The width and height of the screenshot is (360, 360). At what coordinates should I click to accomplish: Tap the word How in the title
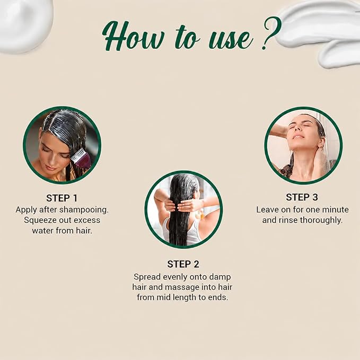pos(133,36)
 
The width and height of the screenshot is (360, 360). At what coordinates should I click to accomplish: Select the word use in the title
pos(231,39)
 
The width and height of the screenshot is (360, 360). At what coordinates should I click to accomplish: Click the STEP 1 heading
pos(62,198)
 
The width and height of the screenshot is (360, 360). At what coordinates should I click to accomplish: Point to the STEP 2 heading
pos(183,264)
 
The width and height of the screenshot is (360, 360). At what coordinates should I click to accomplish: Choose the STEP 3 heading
pos(302,197)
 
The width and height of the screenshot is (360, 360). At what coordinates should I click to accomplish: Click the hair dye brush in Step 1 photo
pos(81,158)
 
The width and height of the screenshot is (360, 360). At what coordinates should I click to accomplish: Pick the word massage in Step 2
pos(182,287)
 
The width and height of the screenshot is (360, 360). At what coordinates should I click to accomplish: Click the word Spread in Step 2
pos(147,277)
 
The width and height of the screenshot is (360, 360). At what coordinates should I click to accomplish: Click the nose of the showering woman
pos(298,130)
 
